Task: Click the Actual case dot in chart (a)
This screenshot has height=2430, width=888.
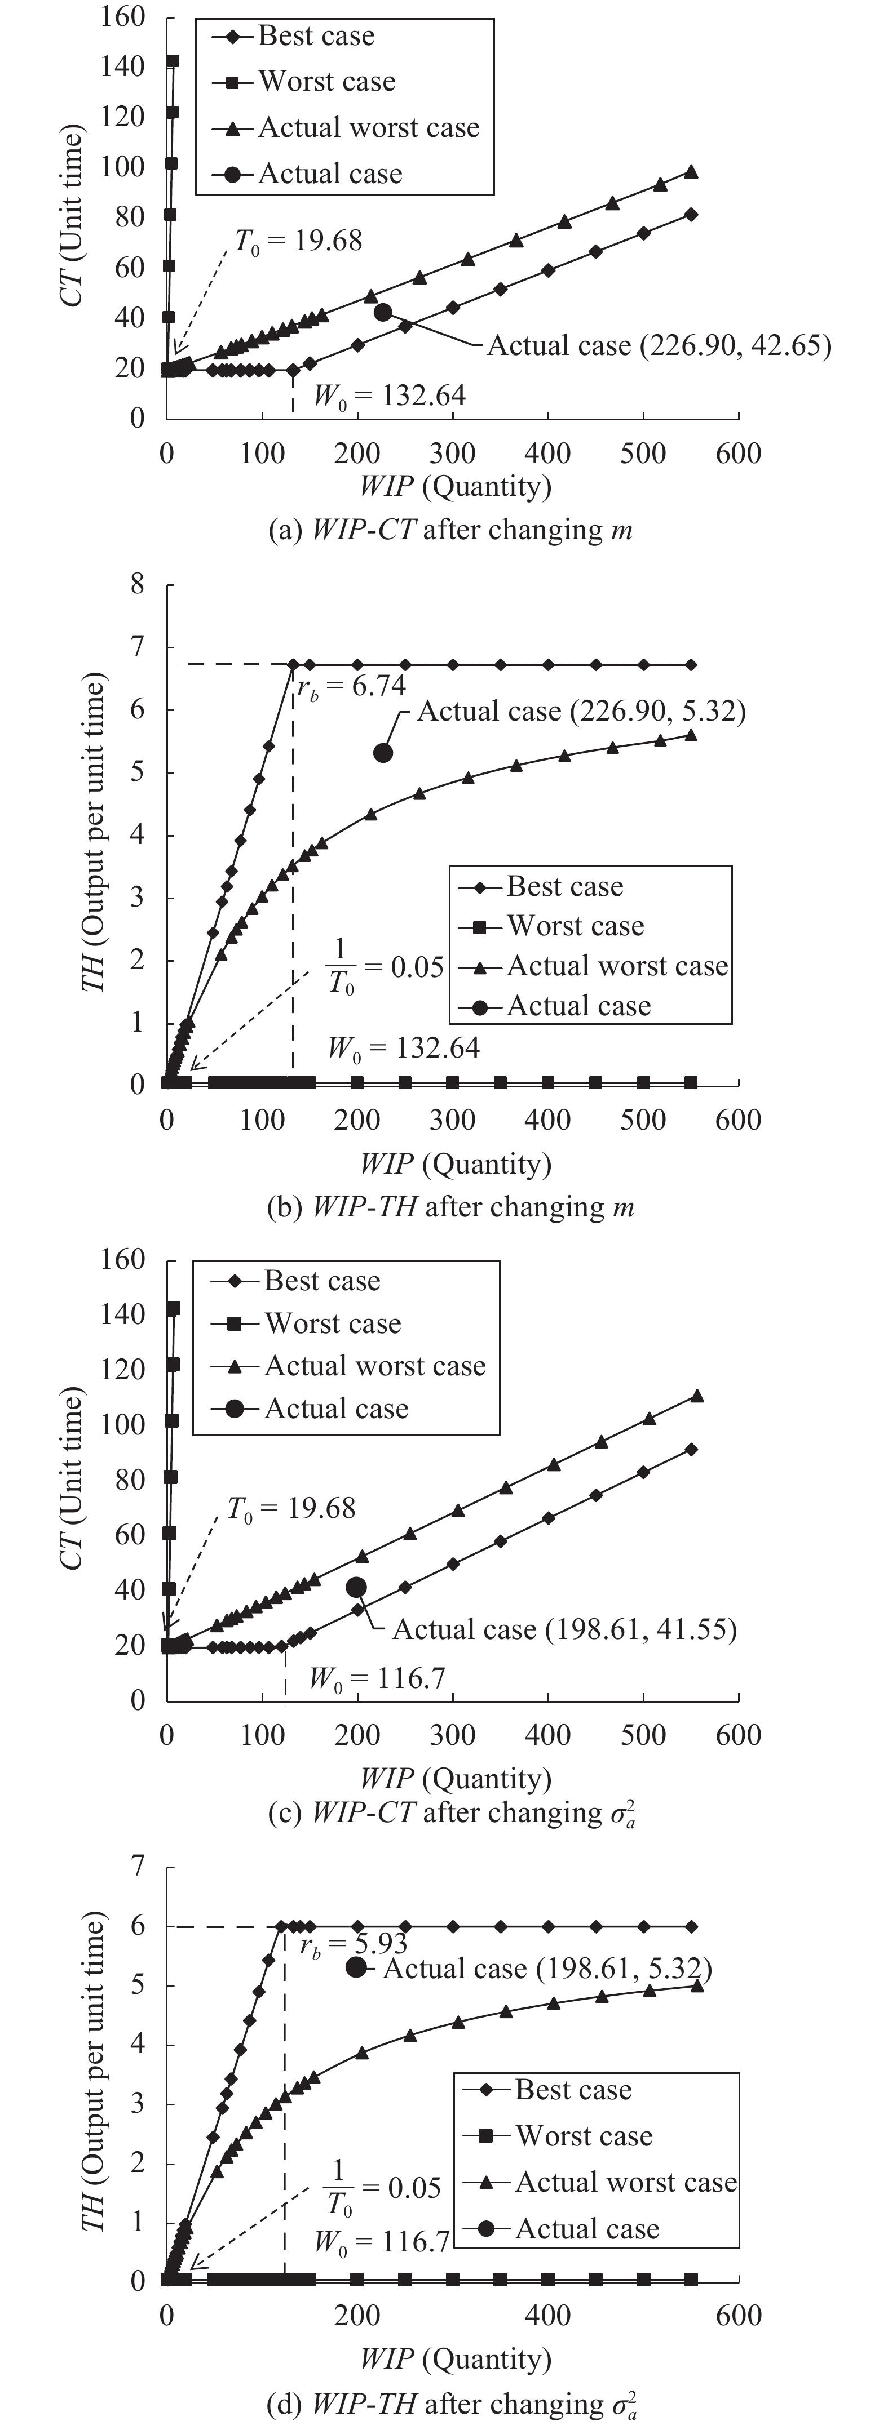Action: [382, 312]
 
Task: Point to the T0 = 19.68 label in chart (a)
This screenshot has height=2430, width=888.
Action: [298, 241]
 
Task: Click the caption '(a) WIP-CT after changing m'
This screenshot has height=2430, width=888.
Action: [450, 530]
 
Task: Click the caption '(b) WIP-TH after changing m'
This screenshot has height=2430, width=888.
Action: [450, 1206]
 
